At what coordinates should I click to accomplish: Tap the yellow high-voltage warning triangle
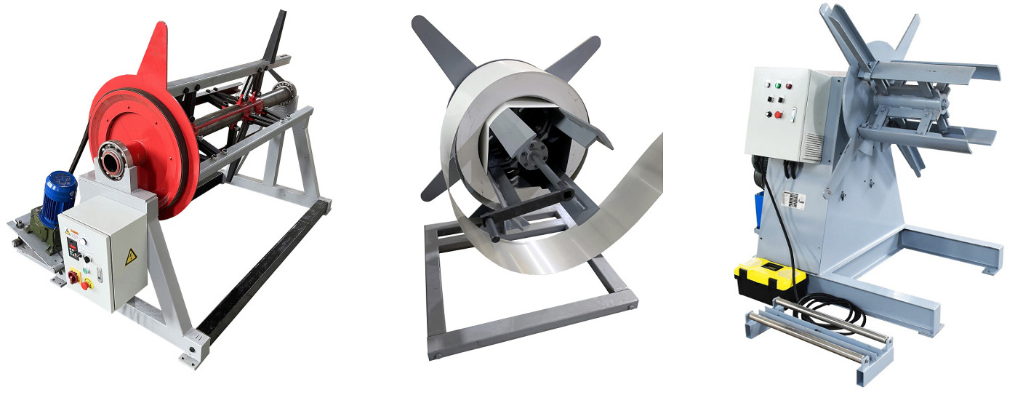pos(131,256)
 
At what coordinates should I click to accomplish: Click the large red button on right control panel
pos(779,114)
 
